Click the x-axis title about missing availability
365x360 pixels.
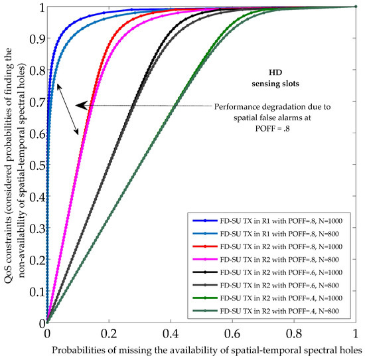(205, 348)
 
